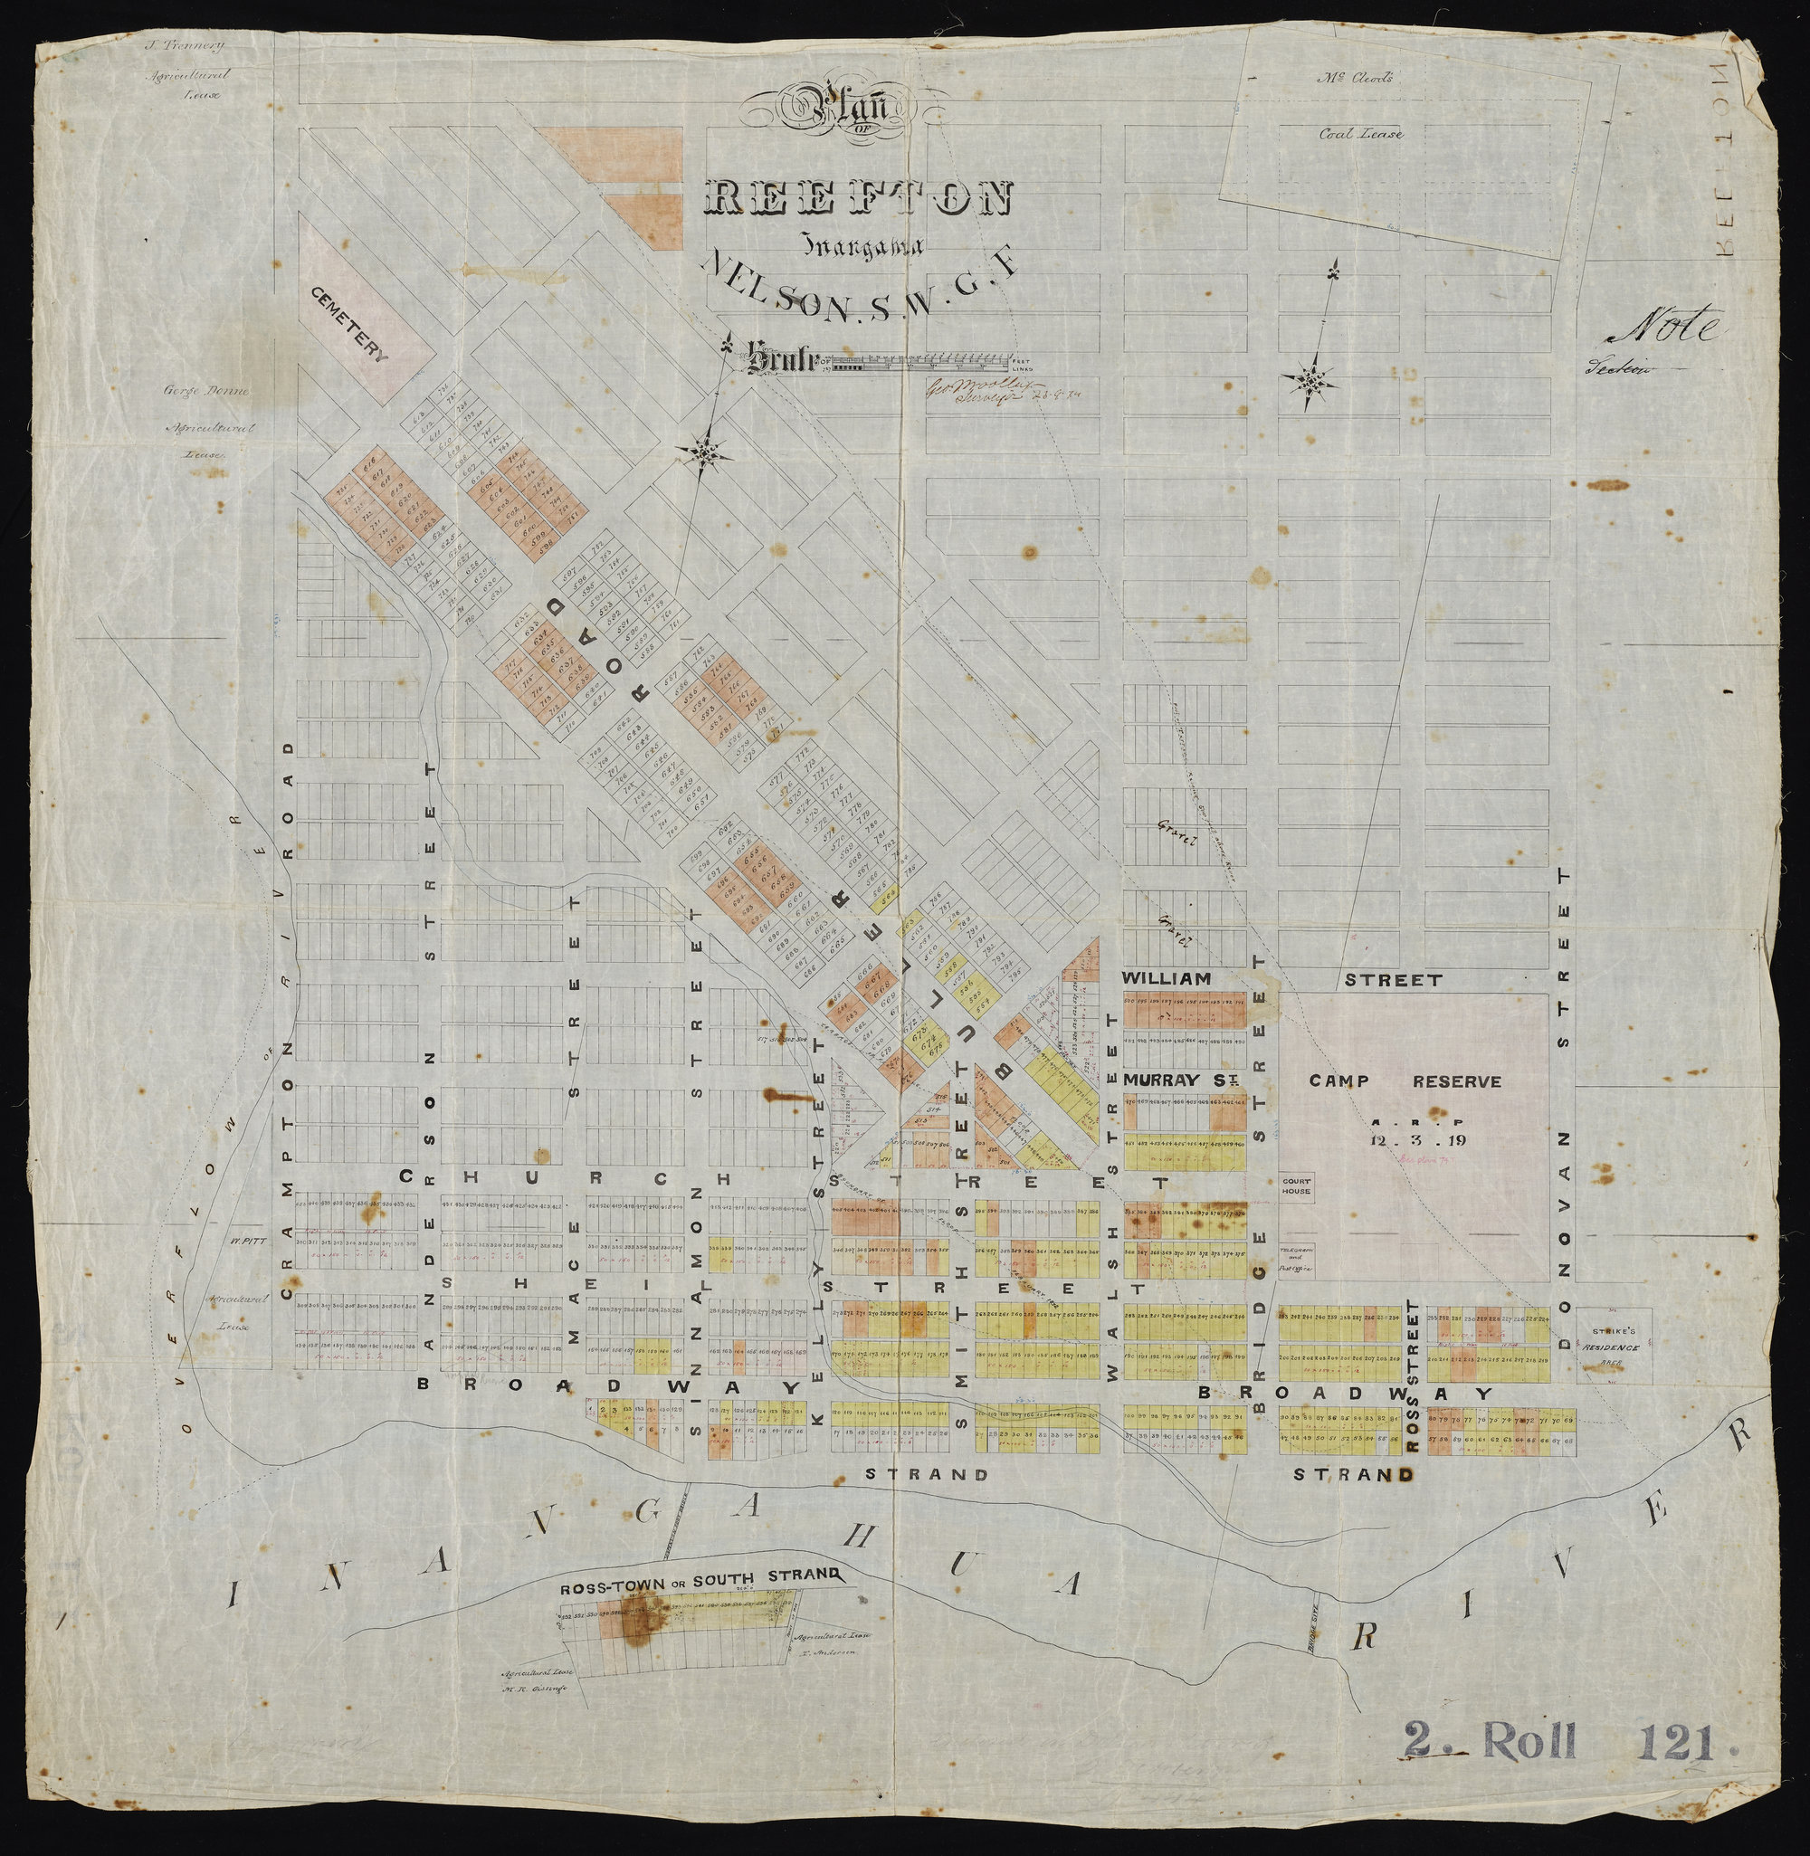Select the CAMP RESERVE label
(x=1405, y=1081)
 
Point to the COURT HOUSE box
(x=1296, y=1186)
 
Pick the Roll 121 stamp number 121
(x=1676, y=1767)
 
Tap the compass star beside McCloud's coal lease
(x=1312, y=382)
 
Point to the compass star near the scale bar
(x=704, y=452)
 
